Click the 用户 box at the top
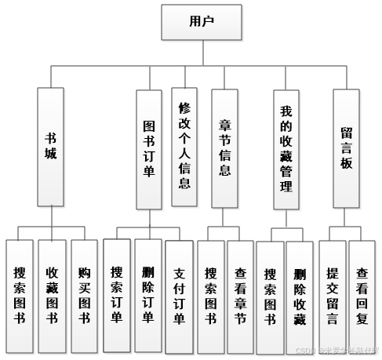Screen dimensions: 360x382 pyautogui.click(x=202, y=22)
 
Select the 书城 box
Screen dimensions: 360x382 pyautogui.click(x=51, y=147)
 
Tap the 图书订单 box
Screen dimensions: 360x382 pyautogui.click(x=149, y=149)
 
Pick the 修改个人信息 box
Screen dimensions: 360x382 pyautogui.click(x=184, y=147)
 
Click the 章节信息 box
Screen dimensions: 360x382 pyautogui.click(x=224, y=147)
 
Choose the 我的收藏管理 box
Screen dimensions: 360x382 pyautogui.click(x=286, y=149)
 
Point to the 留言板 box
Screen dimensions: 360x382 pyautogui.click(x=346, y=147)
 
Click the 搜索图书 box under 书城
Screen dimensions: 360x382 pyautogui.click(x=20, y=296)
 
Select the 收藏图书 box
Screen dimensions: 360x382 pyautogui.click(x=52, y=296)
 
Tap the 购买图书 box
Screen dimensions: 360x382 pyautogui.click(x=84, y=296)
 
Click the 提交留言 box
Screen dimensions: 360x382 pyautogui.click(x=332, y=296)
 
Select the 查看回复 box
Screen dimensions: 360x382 pyautogui.click(x=362, y=296)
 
